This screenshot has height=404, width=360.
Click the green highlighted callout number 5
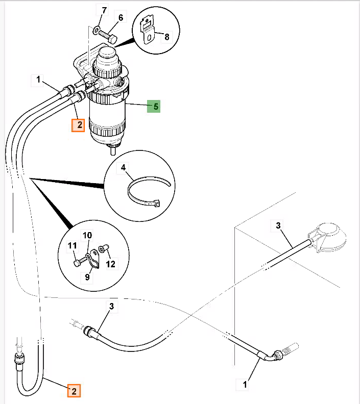(154, 107)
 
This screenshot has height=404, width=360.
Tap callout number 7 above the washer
(104, 11)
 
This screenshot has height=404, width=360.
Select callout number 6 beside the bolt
(121, 18)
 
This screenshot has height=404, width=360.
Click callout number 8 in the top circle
(167, 37)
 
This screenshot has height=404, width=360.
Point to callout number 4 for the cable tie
(123, 168)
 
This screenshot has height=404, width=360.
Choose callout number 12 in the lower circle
(111, 264)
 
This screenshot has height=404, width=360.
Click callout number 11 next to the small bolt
(72, 245)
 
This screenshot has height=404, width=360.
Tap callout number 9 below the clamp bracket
(87, 277)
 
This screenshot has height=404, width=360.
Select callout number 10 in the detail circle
(87, 235)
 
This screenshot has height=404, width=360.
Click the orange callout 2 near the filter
(78, 125)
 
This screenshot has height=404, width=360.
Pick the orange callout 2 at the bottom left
(74, 391)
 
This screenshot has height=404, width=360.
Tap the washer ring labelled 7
(95, 31)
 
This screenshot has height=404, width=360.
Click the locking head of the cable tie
(157, 204)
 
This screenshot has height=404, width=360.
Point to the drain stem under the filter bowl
(113, 150)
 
